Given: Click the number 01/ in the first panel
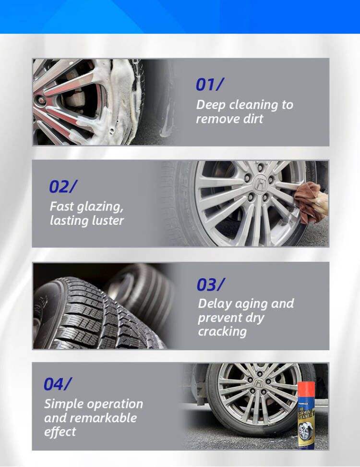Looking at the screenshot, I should click(x=209, y=85).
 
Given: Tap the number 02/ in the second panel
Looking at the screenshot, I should click(x=63, y=186).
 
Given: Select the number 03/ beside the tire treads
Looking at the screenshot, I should click(x=210, y=285).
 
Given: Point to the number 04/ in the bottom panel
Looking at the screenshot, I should click(x=57, y=384).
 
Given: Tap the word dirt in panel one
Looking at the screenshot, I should click(x=250, y=119).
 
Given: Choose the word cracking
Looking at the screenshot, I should click(x=222, y=332).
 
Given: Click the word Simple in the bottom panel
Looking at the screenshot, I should click(x=64, y=404).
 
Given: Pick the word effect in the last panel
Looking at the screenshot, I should click(x=60, y=431).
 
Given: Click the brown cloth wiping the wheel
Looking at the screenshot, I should click(x=309, y=201).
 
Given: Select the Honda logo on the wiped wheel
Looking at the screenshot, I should click(x=261, y=184).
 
